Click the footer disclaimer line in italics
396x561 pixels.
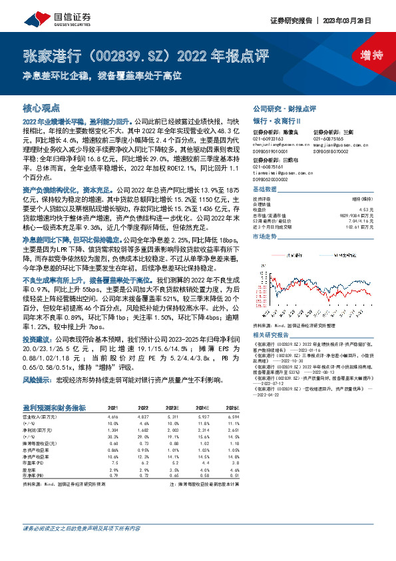click(81, 547)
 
